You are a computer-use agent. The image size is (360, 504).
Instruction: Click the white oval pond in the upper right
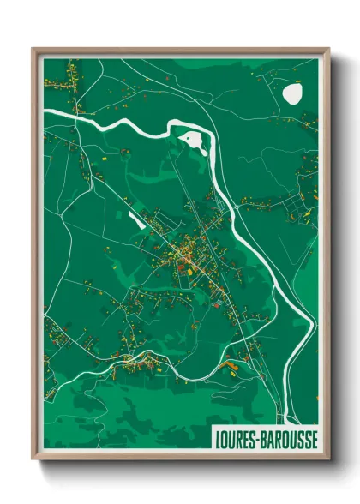click(x=293, y=93)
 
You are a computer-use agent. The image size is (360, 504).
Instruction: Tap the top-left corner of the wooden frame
click(x=33, y=50)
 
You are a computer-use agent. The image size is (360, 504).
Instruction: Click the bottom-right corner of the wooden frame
click(x=328, y=459)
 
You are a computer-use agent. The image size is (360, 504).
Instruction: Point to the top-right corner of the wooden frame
click(x=328, y=50)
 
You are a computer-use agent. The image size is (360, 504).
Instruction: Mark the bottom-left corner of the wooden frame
click(x=33, y=459)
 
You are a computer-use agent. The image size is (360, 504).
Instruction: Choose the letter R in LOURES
click(x=237, y=439)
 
